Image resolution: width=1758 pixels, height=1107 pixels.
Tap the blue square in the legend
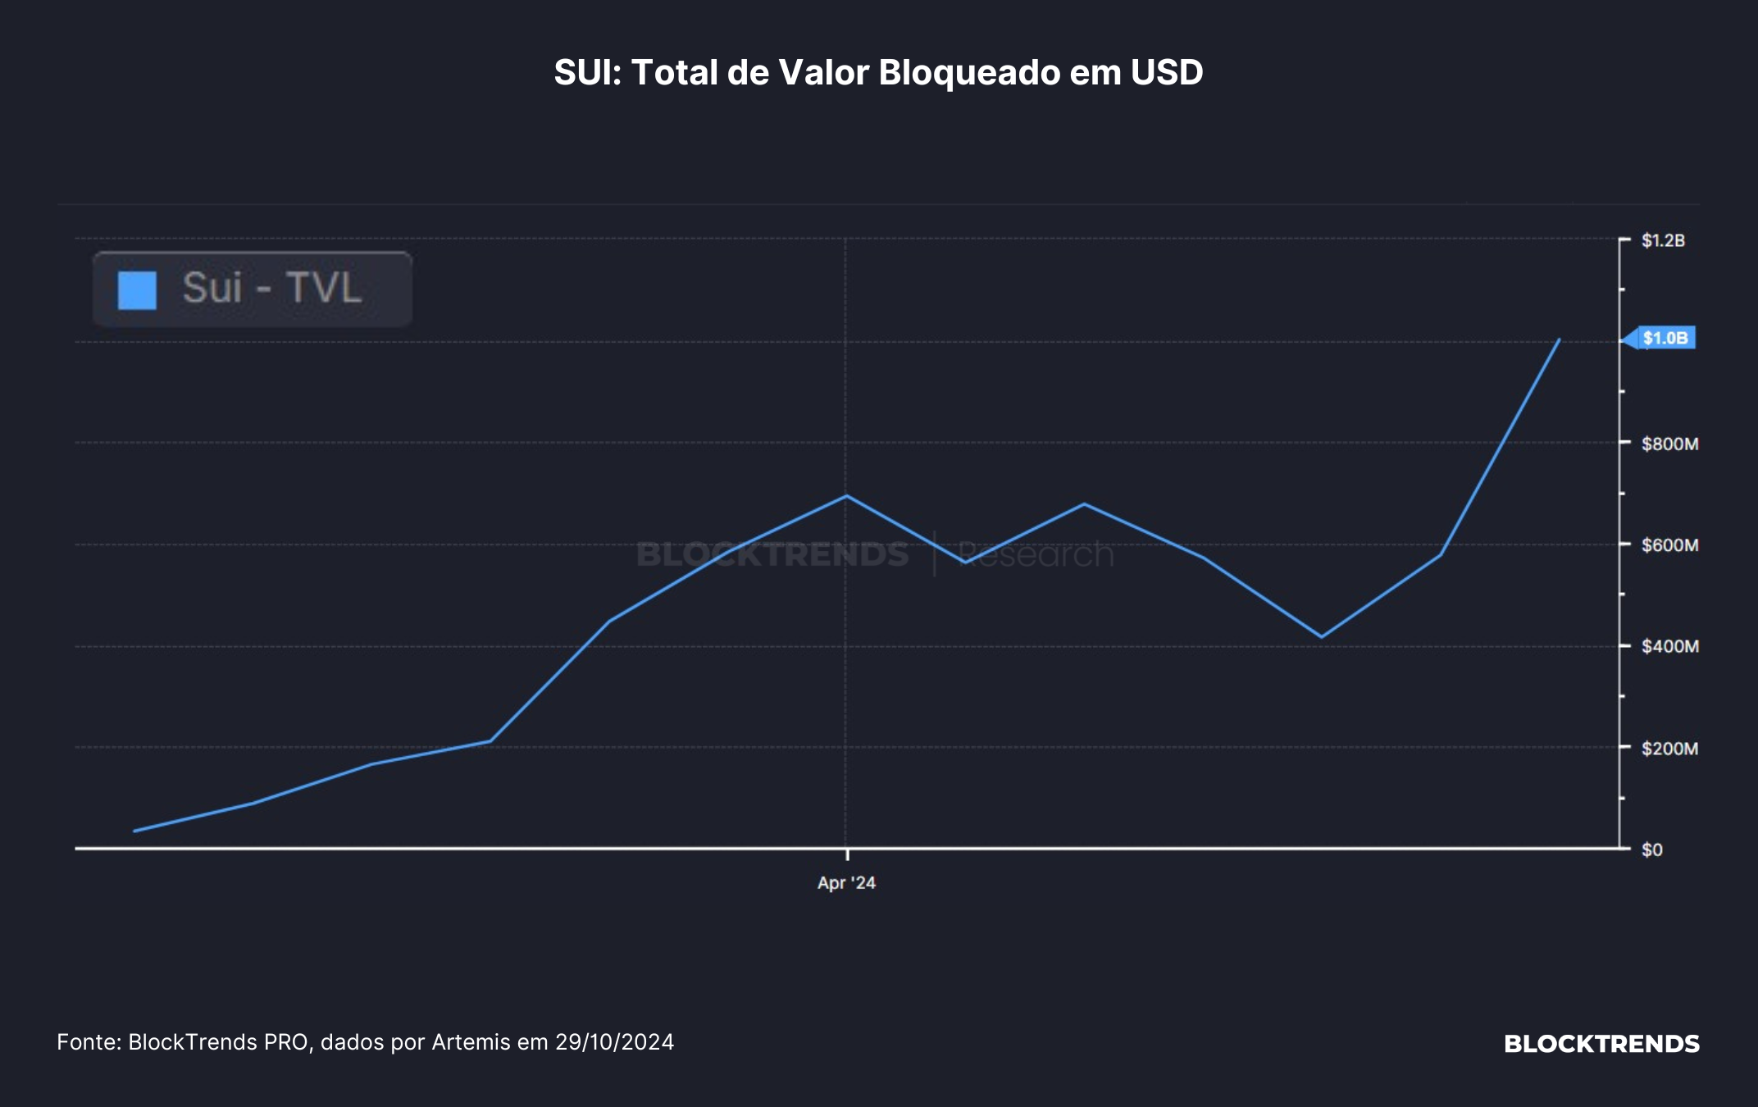pyautogui.click(x=137, y=290)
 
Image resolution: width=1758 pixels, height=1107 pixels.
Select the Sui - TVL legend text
pyautogui.click(x=271, y=288)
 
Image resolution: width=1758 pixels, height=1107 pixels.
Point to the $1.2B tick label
pyautogui.click(x=1663, y=240)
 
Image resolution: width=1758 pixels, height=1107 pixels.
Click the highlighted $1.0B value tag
pyautogui.click(x=1665, y=338)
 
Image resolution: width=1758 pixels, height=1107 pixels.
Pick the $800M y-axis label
pyautogui.click(x=1669, y=444)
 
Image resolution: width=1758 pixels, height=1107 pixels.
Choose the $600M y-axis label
pyautogui.click(x=1669, y=544)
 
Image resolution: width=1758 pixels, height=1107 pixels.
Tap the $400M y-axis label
pyautogui.click(x=1669, y=646)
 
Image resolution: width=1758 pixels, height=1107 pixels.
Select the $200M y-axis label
pyautogui.click(x=1669, y=748)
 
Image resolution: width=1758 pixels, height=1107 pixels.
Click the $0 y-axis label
pyautogui.click(x=1652, y=850)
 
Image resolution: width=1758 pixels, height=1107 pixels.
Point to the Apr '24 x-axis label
pyautogui.click(x=846, y=883)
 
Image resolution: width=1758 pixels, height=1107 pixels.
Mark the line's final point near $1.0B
pyautogui.click(x=1559, y=339)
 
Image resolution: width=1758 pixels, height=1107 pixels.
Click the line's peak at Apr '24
pyautogui.click(x=846, y=495)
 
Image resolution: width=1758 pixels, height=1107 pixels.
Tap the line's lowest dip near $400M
pyautogui.click(x=1321, y=637)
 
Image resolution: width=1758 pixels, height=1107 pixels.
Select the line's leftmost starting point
pyautogui.click(x=134, y=831)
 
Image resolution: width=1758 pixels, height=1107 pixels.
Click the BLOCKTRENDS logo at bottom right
pyautogui.click(x=1601, y=1044)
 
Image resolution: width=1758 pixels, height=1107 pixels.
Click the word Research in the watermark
pyautogui.click(x=1036, y=554)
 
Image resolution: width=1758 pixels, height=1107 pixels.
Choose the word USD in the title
pyautogui.click(x=1167, y=72)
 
